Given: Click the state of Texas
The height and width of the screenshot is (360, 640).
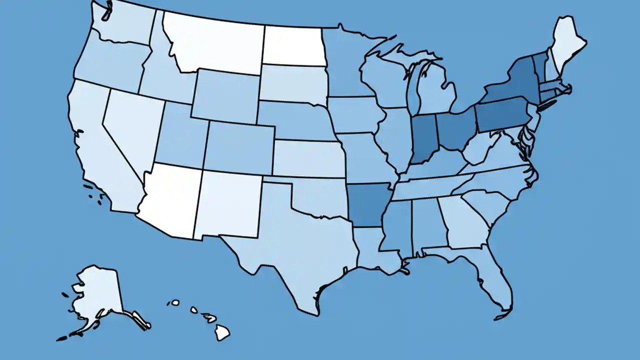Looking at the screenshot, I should pyautogui.click(x=295, y=250).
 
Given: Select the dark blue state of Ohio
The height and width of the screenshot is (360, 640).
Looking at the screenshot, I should pyautogui.click(x=455, y=130).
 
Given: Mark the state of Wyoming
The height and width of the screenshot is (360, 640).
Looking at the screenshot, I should pyautogui.click(x=225, y=95).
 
